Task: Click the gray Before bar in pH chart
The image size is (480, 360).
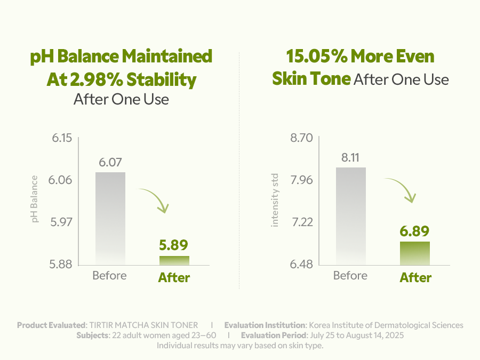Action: [110, 218]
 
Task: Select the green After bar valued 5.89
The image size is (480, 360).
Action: [174, 260]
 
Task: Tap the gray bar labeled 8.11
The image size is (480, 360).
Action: [351, 215]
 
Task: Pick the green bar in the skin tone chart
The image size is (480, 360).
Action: [415, 253]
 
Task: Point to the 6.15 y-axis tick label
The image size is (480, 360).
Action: [61, 139]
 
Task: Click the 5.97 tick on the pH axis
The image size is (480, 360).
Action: [61, 222]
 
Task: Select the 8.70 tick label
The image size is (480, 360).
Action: [301, 139]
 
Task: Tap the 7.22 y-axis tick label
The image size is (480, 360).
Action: [301, 222]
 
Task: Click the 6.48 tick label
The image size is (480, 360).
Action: [301, 265]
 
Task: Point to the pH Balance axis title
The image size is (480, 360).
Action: [36, 198]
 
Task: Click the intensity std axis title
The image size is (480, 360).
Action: [276, 199]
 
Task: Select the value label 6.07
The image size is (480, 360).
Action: [110, 162]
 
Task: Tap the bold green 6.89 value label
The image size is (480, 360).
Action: [415, 231]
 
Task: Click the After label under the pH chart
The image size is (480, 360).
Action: [174, 277]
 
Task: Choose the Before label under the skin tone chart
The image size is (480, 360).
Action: [350, 276]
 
